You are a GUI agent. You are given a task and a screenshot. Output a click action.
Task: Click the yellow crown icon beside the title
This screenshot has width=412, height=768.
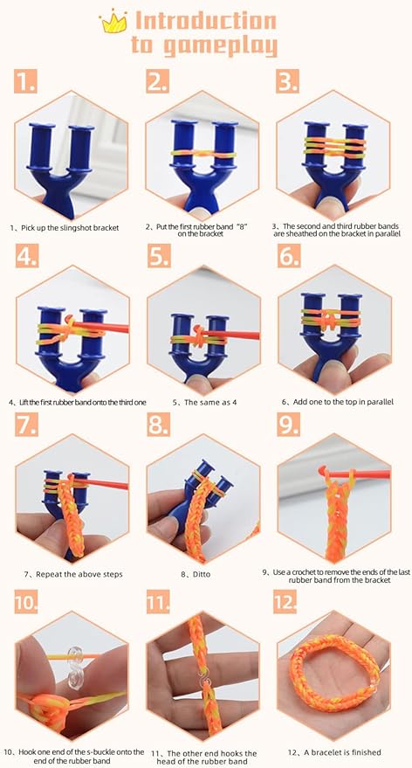point(113,22)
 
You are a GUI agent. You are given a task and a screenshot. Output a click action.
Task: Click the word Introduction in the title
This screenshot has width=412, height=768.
point(206,21)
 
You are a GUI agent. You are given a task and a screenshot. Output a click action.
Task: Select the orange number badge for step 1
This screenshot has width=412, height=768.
point(25,81)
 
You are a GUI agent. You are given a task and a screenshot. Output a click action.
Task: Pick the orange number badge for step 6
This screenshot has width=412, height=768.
point(289,256)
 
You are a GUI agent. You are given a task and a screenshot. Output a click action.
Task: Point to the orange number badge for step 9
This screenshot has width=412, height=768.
point(289,424)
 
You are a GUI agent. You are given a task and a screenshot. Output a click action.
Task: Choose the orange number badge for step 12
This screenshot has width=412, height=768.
point(285,602)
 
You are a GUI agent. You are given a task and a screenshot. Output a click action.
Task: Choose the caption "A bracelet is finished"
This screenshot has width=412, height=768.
point(334,752)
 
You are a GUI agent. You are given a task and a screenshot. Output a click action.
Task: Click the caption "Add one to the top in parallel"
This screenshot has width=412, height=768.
point(338,402)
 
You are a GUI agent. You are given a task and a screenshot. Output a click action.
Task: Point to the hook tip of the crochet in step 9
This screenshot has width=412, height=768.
point(321,471)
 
